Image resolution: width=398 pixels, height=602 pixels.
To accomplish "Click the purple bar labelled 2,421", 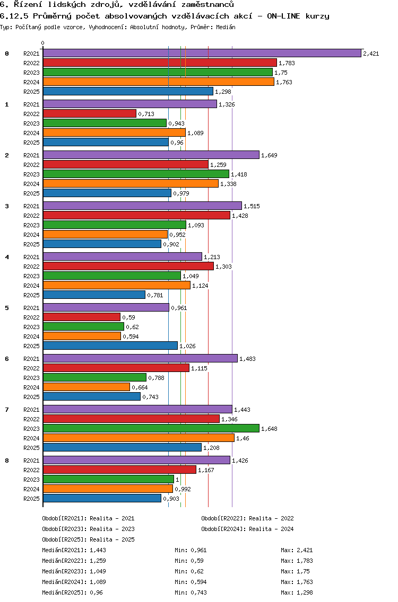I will tap(202, 53).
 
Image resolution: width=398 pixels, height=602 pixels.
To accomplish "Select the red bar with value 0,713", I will tap(89, 113).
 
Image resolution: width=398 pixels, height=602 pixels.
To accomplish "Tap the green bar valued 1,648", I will tap(151, 428).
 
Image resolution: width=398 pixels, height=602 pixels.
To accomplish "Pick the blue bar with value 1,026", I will tap(110, 346).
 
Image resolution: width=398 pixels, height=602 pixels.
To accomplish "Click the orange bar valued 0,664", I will tap(86, 387).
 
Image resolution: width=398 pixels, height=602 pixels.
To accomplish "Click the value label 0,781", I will tap(155, 295).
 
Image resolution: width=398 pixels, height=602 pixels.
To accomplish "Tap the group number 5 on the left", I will tap(7, 307).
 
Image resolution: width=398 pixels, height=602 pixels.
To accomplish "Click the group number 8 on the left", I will tap(7, 460).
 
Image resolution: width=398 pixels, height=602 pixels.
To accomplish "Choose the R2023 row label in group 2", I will tap(31, 174).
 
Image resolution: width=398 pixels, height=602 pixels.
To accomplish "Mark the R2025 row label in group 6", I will tap(31, 397).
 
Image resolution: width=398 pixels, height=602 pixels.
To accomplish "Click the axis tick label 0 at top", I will tap(43, 43).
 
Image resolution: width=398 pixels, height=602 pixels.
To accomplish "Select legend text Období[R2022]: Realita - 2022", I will tap(247, 518).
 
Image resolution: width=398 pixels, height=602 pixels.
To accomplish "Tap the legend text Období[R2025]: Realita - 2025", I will tap(88, 539).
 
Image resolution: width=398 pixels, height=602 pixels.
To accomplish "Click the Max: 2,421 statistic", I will tap(297, 550).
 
